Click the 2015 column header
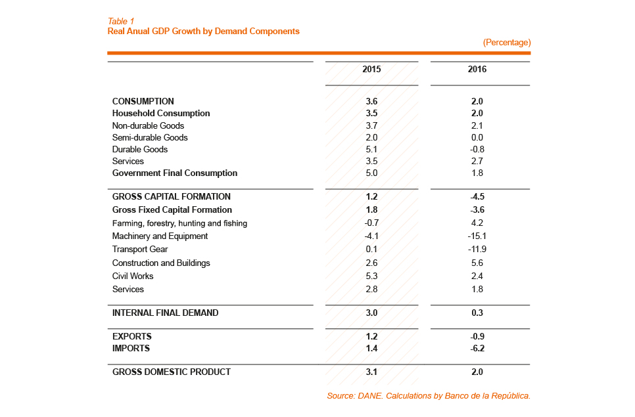pyautogui.click(x=371, y=69)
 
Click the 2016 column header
pyautogui.click(x=477, y=69)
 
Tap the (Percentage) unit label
pyautogui.click(x=507, y=43)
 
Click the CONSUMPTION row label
pyautogui.click(x=143, y=102)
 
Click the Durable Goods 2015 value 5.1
pyautogui.click(x=371, y=150)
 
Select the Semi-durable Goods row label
pyautogui.click(x=150, y=138)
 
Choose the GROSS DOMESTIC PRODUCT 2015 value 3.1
pyautogui.click(x=371, y=372)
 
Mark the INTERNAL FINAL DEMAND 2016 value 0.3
pyautogui.click(x=477, y=313)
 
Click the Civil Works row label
pyautogui.click(x=133, y=276)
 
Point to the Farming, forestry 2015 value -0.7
pyautogui.click(x=371, y=223)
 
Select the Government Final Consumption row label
pyautogui.click(x=175, y=173)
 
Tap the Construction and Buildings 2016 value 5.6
pyautogui.click(x=477, y=263)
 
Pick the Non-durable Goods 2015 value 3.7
pyautogui.click(x=371, y=126)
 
